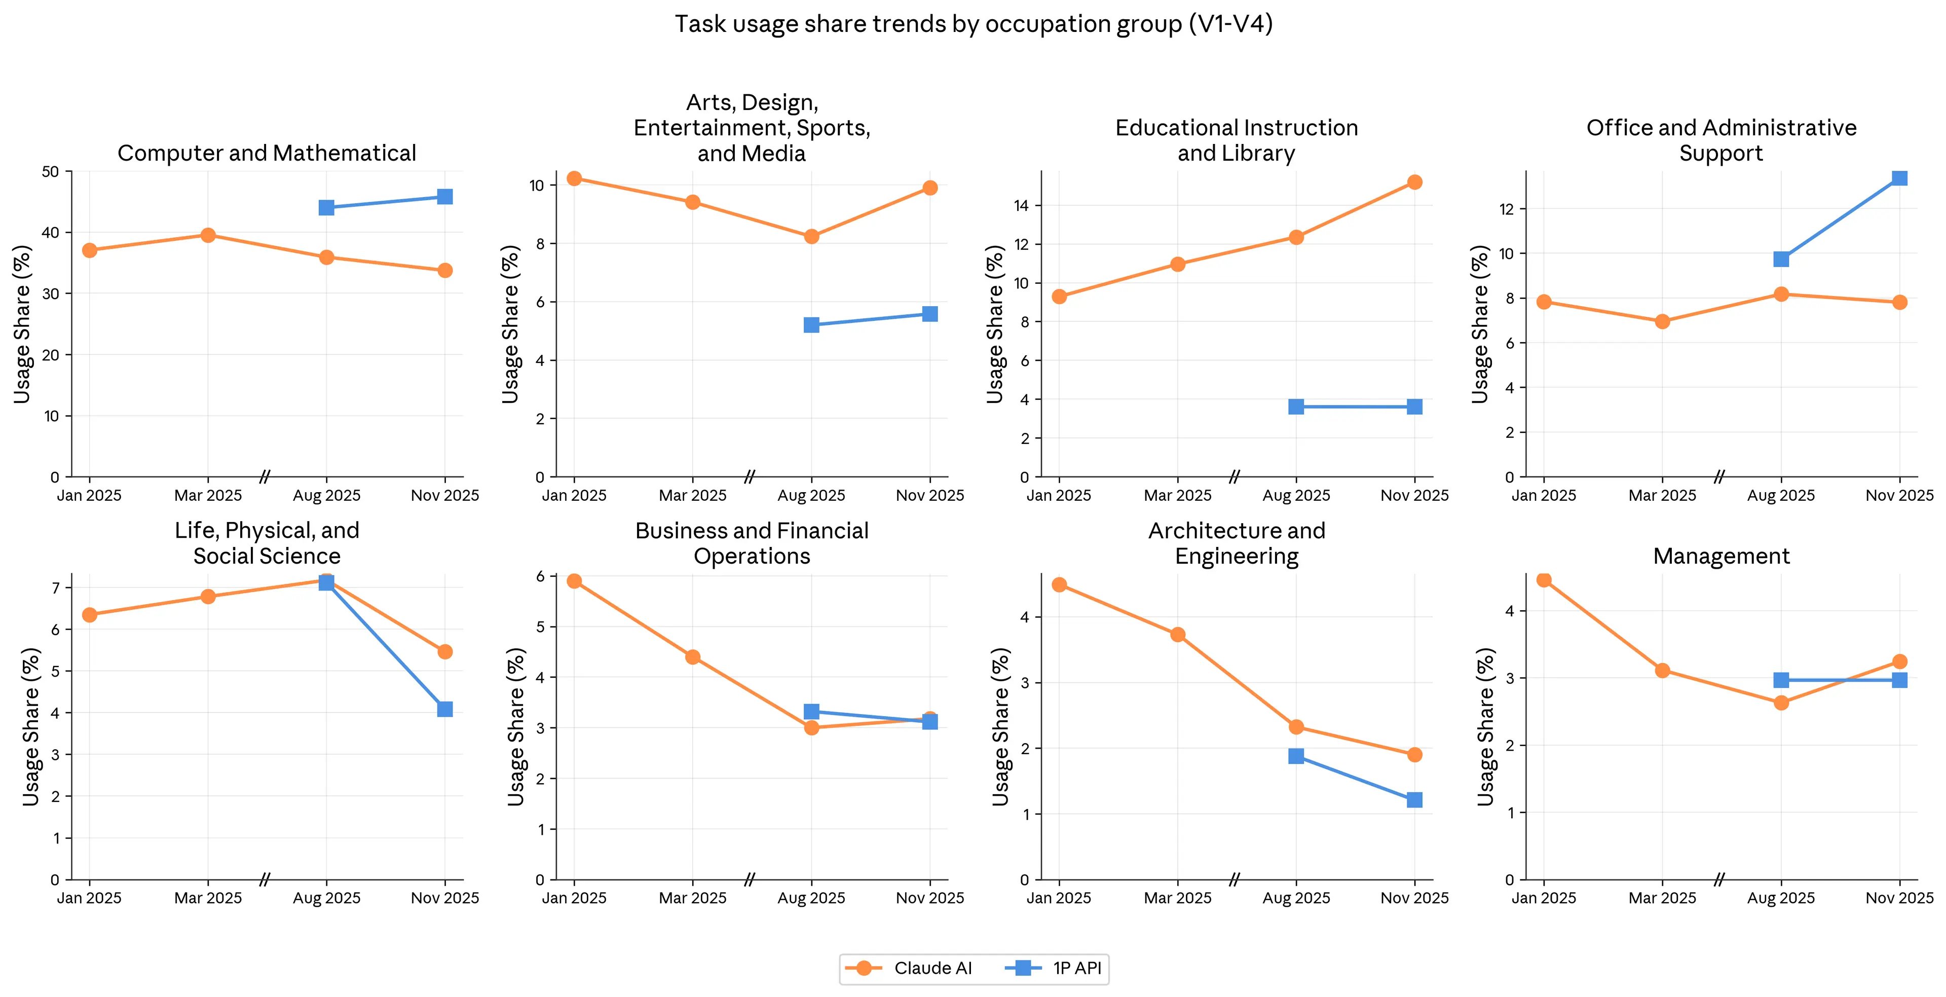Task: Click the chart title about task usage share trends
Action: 973,24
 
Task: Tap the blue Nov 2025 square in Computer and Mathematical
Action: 445,197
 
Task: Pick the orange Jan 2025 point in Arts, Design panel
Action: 574,178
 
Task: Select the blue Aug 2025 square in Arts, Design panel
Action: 811,325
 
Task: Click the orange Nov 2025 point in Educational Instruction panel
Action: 1415,182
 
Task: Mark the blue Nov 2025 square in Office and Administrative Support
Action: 1900,178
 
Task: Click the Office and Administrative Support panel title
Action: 1721,140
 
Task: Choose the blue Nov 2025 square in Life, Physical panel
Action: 445,709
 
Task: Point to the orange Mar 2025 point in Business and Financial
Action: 693,657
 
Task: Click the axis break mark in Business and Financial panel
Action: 750,879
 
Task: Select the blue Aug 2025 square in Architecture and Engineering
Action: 1296,757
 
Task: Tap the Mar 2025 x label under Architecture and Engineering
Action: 1178,898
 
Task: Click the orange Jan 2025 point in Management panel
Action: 1544,580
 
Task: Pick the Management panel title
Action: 1721,556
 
